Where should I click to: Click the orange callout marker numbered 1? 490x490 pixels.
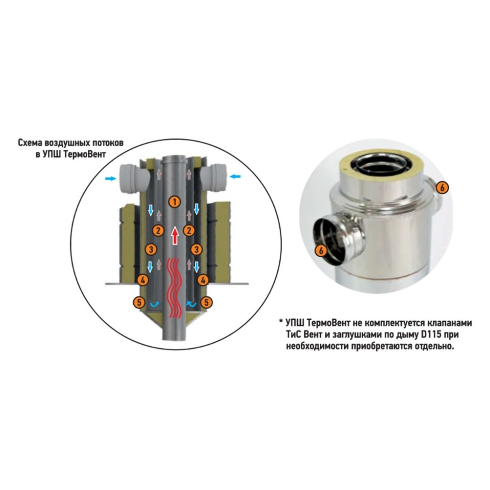click(175, 201)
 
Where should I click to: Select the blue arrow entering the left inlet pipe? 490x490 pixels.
click(110, 179)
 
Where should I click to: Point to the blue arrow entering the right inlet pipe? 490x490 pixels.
click(235, 176)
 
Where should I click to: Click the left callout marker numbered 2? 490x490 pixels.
click(158, 231)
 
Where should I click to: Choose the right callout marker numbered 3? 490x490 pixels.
click(196, 249)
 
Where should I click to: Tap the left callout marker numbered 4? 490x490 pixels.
click(143, 280)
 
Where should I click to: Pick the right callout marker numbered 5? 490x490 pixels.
click(206, 302)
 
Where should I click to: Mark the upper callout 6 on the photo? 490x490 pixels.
click(442, 188)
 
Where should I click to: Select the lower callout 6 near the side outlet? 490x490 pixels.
click(321, 250)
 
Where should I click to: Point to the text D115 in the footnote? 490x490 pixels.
click(430, 334)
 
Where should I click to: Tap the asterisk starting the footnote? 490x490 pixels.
click(281, 321)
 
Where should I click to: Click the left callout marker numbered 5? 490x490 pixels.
click(139, 302)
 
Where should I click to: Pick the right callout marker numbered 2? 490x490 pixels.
click(189, 231)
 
